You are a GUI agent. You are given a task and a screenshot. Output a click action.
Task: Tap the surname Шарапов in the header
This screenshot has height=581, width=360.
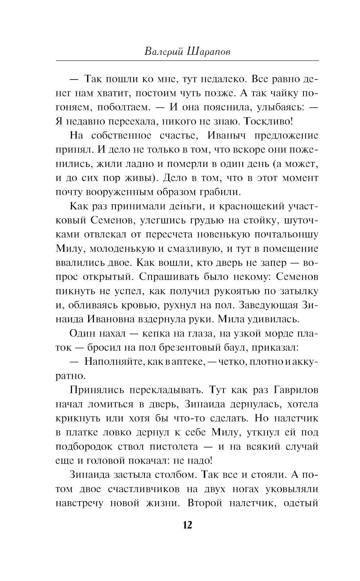[209, 51]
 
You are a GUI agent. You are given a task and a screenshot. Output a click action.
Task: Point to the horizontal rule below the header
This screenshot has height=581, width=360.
[187, 60]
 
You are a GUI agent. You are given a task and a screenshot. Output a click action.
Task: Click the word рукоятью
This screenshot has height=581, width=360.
[230, 291]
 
